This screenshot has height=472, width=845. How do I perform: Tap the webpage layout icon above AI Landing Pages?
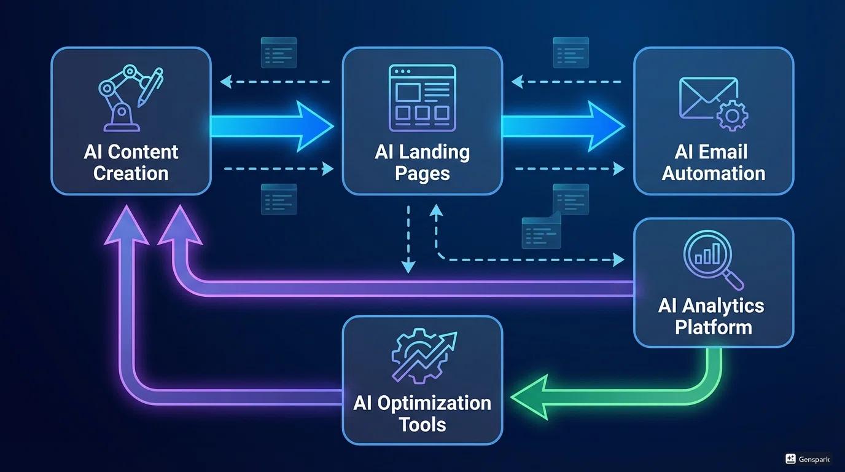click(422, 98)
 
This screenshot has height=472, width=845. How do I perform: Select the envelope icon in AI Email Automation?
click(709, 98)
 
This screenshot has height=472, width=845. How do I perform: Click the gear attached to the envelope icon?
click(732, 116)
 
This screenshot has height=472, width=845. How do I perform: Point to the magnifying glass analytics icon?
click(713, 260)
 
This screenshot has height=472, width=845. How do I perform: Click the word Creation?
click(131, 173)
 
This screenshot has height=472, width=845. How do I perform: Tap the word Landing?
click(435, 153)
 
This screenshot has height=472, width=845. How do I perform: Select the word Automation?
click(714, 173)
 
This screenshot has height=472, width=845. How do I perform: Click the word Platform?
click(714, 327)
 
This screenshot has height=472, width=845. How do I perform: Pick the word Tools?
click(422, 425)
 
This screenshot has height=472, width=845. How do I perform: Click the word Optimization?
click(434, 403)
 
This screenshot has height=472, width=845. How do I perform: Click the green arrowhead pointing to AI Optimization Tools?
click(528, 398)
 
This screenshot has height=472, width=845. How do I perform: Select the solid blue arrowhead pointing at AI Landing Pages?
click(314, 126)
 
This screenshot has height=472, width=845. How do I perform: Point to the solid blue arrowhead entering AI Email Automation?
click(606, 126)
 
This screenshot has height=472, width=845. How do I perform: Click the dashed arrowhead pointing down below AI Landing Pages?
click(408, 267)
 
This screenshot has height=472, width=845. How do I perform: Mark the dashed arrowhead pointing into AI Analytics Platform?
click(618, 260)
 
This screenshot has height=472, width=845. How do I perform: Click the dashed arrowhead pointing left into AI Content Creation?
click(226, 82)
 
